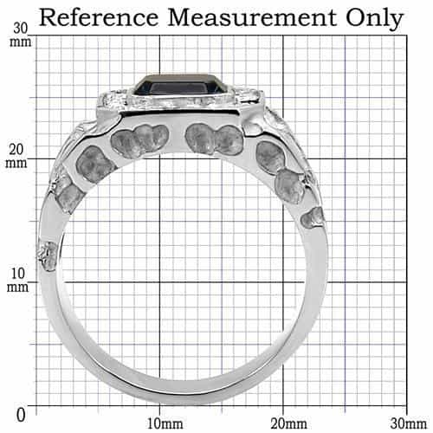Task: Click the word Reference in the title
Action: (99, 17)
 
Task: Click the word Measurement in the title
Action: (252, 17)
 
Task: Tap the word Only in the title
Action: (374, 19)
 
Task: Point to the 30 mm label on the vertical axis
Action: (20, 36)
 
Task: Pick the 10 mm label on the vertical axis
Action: (18, 280)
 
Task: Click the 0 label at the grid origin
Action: (21, 416)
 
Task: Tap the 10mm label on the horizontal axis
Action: (165, 423)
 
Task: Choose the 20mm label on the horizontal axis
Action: (288, 423)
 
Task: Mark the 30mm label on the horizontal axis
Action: (409, 423)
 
